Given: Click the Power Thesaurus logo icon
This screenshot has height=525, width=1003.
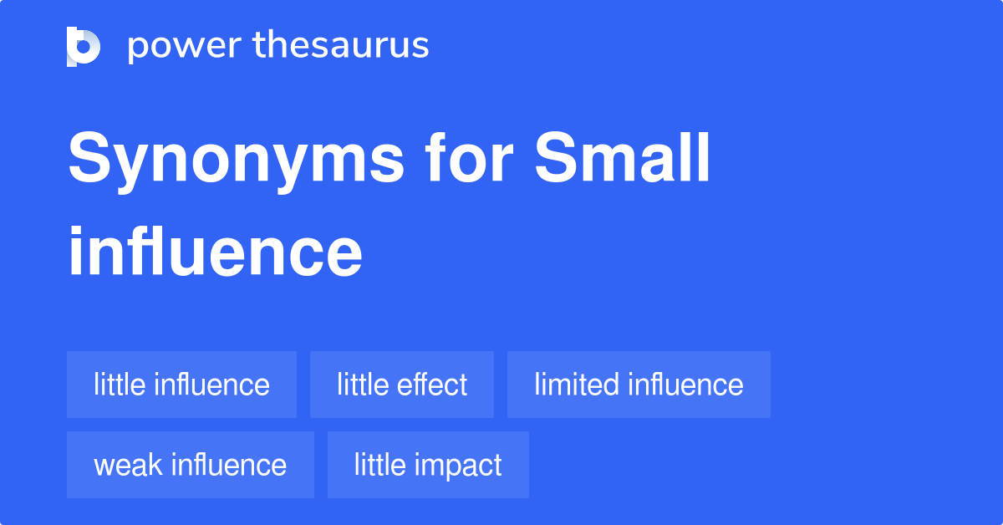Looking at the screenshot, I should pos(84,47).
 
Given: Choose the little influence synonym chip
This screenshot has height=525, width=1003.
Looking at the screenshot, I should pos(181,385).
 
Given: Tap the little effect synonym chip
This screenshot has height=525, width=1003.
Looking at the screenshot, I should pos(402,385).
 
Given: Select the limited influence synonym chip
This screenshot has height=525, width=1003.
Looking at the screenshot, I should pos(639,385).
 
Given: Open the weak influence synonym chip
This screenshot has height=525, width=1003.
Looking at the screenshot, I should pos(191,465).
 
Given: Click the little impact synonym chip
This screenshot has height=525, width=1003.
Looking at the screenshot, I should pos(428,465).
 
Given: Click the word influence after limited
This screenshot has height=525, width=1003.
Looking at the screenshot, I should pos(685,385).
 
